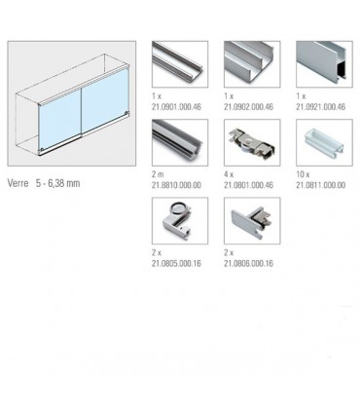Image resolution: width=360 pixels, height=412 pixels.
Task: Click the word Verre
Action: point(18,182)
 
